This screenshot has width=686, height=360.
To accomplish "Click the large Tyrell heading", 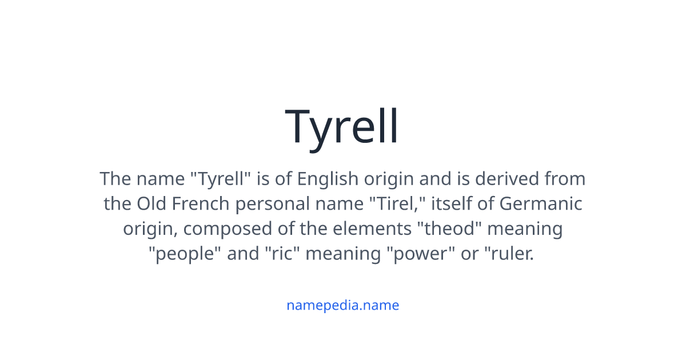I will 342,127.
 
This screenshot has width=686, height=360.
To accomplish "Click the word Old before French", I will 150,204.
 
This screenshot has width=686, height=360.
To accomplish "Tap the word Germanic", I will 541,204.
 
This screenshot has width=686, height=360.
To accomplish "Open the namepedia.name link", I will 342,305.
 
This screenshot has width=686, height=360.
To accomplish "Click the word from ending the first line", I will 564,179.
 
